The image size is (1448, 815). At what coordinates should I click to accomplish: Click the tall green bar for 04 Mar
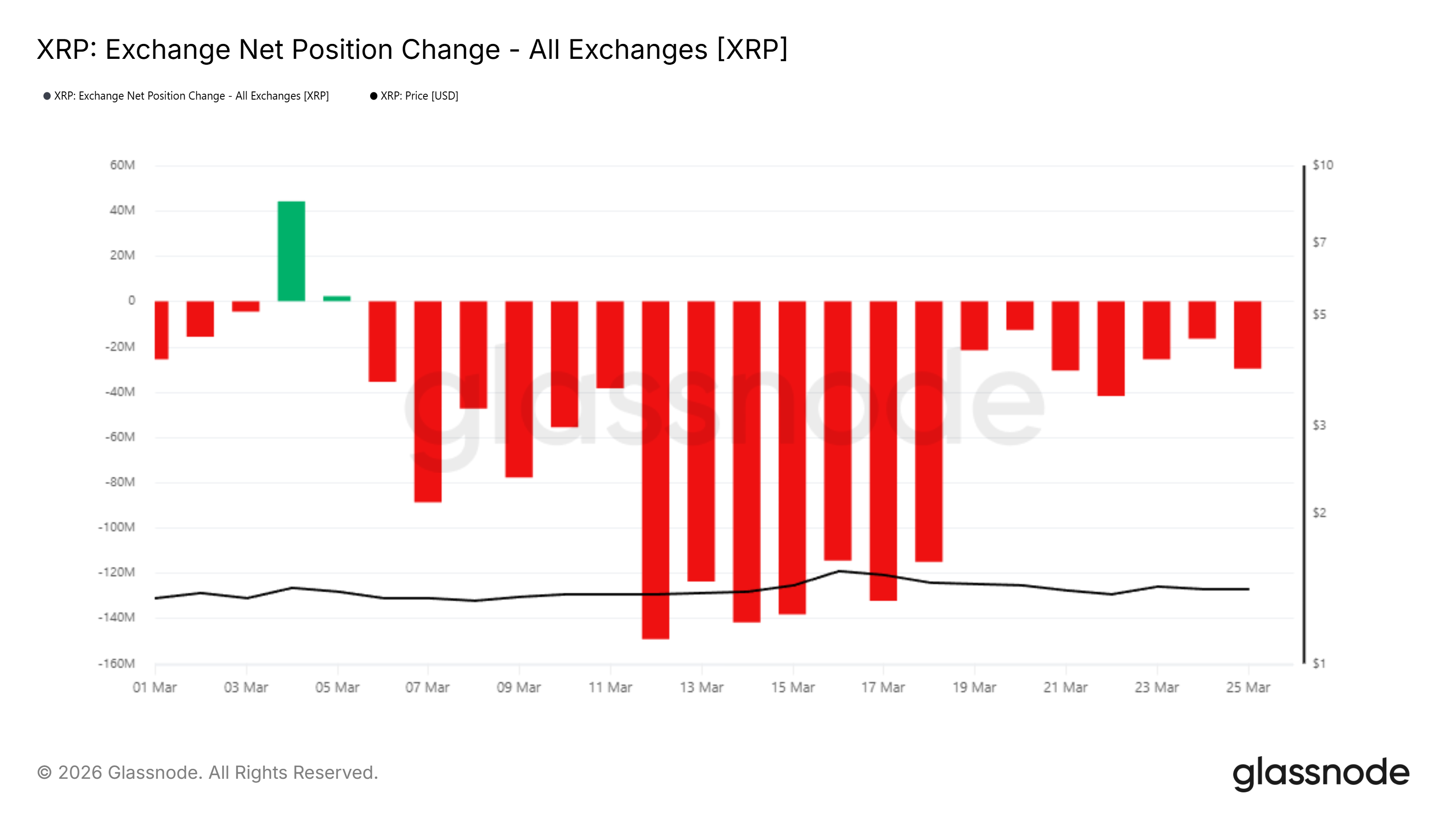[291, 251]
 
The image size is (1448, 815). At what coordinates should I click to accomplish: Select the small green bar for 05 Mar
[337, 298]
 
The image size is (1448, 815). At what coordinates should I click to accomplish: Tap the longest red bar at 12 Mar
[655, 470]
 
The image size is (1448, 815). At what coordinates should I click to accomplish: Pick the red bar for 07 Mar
[428, 401]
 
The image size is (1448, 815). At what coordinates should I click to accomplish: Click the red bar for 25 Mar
[1248, 335]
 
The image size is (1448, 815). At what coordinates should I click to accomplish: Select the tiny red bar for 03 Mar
[246, 306]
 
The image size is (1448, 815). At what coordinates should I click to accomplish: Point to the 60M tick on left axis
[122, 165]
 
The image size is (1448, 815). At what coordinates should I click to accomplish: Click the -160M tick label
[116, 663]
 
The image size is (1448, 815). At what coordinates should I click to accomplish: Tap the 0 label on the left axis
[132, 300]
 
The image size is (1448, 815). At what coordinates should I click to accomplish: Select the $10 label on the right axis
[1323, 165]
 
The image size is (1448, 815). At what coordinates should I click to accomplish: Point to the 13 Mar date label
[701, 687]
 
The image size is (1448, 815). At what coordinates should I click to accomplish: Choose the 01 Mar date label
[155, 687]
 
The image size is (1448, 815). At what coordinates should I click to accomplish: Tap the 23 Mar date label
[1156, 687]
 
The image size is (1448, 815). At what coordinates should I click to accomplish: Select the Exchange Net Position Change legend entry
[191, 96]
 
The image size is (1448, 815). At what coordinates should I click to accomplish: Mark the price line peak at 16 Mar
[838, 571]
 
